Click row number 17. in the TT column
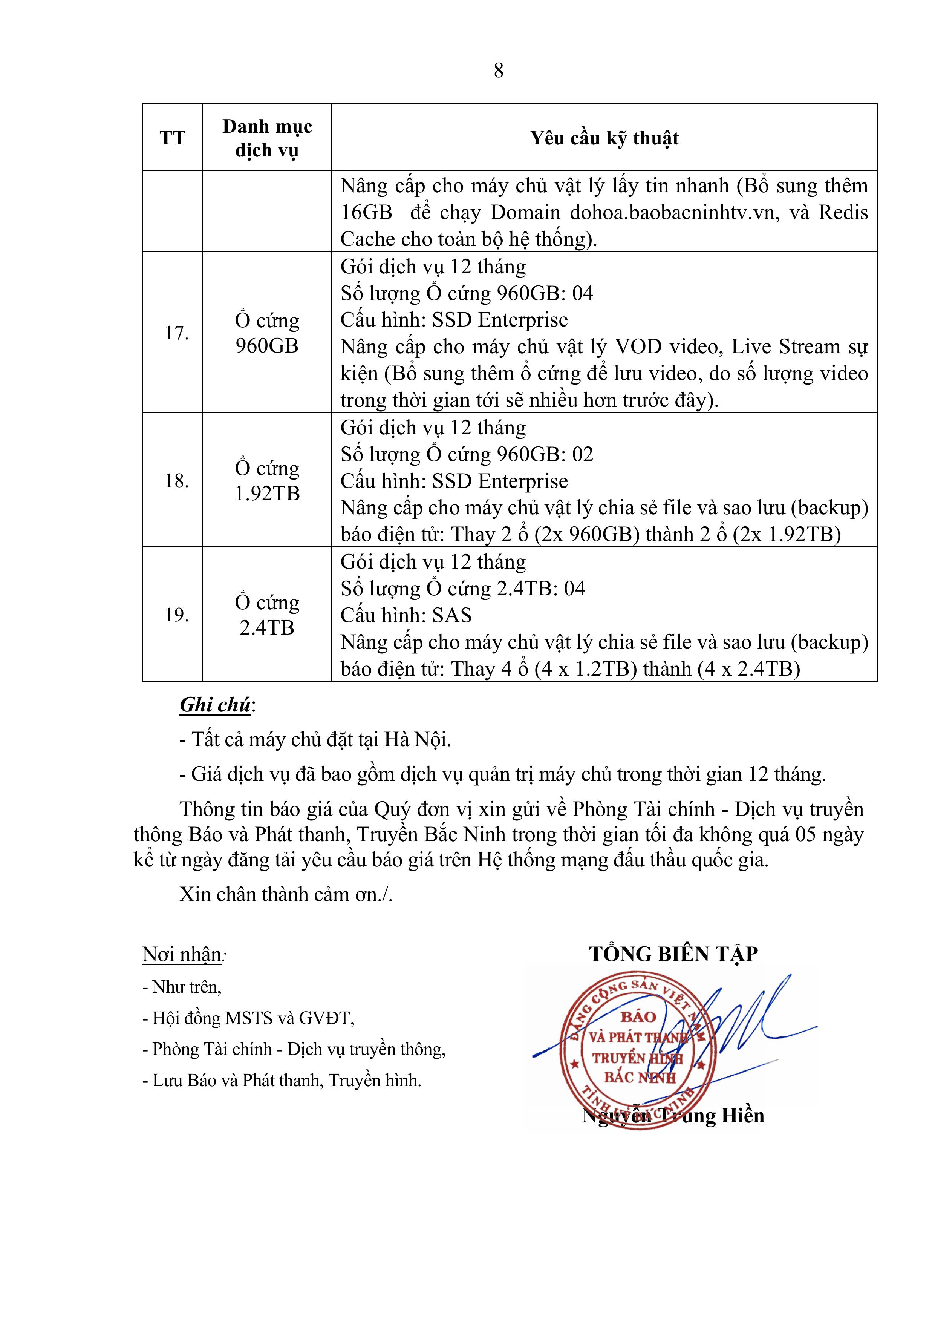(x=176, y=333)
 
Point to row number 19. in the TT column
(x=176, y=615)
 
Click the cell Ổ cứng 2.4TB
(x=267, y=615)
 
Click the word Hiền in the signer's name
(x=740, y=1116)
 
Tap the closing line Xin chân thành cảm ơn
(x=285, y=894)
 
